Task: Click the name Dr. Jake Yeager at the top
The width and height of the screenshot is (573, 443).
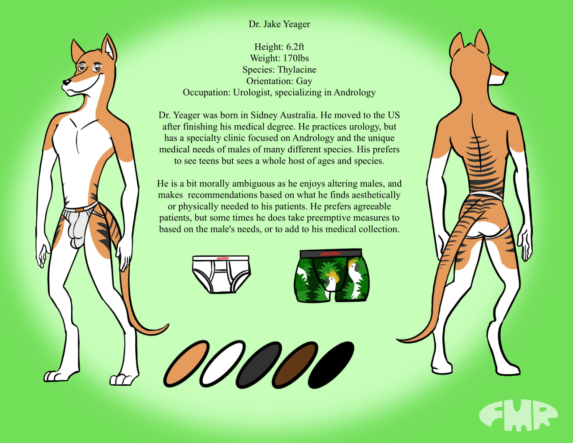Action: pyautogui.click(x=279, y=24)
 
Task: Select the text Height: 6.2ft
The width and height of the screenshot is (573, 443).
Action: pyautogui.click(x=279, y=47)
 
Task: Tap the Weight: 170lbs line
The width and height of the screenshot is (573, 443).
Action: pyautogui.click(x=279, y=58)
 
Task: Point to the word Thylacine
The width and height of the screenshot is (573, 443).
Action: pyautogui.click(x=297, y=70)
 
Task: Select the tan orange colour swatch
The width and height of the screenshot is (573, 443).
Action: pyautogui.click(x=186, y=364)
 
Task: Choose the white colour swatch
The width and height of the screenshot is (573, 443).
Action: pyautogui.click(x=222, y=364)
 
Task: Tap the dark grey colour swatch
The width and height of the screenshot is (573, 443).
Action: pyautogui.click(x=259, y=365)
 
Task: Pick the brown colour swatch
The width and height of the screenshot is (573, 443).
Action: pyautogui.click(x=295, y=365)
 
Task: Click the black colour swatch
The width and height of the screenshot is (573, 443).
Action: pyautogui.click(x=331, y=365)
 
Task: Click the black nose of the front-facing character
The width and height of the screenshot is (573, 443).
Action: pyautogui.click(x=66, y=82)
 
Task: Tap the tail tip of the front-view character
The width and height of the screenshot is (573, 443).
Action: pyautogui.click(x=167, y=326)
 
